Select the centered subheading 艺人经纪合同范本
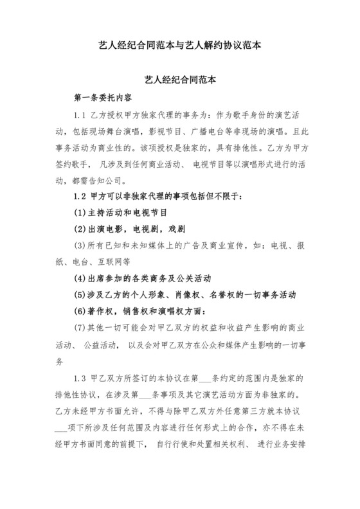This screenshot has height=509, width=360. (179, 82)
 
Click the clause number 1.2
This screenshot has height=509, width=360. (82, 195)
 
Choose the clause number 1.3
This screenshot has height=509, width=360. (82, 376)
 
